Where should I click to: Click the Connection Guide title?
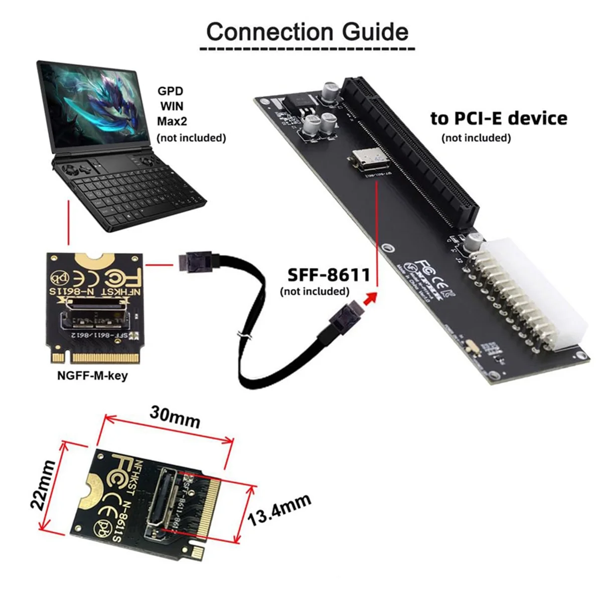pos(307,32)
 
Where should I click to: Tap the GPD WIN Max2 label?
pos(171,106)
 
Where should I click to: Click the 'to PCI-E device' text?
pos(499,118)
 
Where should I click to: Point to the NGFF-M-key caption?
pos(92,375)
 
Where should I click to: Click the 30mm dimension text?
pos(175,416)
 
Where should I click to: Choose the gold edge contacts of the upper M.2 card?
pos(105,358)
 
